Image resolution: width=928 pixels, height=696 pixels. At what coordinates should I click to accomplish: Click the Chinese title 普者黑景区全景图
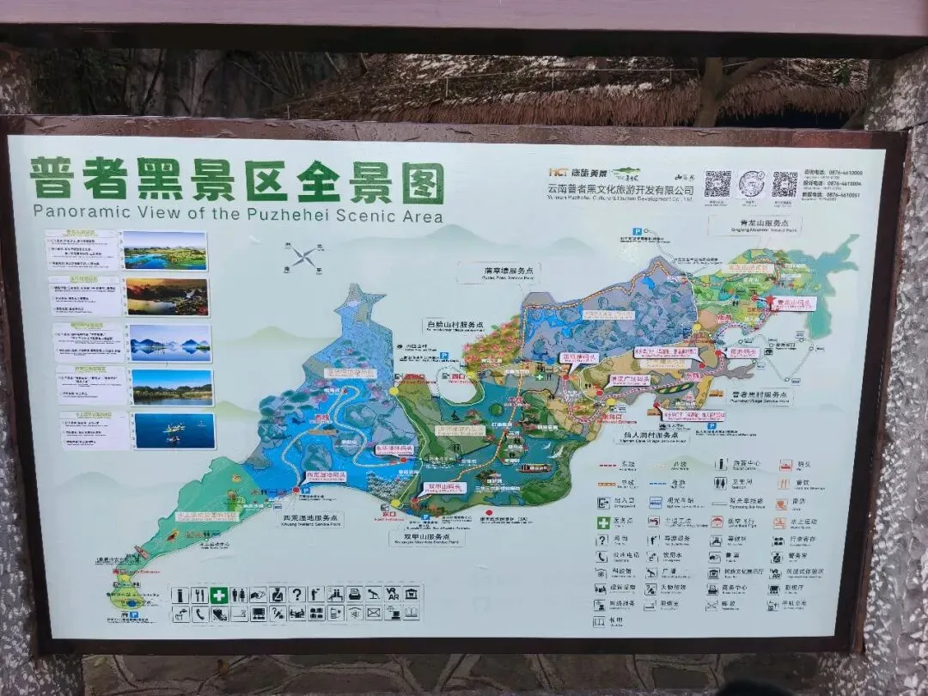tap(236, 182)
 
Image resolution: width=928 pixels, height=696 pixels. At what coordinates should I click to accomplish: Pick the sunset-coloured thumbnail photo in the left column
tap(168, 296)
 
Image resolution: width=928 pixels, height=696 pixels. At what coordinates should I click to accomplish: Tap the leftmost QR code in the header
tap(717, 183)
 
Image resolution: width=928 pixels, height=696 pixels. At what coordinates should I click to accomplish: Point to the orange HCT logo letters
tap(560, 173)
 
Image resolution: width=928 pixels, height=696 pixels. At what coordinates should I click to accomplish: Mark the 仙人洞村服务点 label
tap(662, 437)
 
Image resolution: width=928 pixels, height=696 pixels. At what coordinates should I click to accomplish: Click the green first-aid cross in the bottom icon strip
tap(220, 595)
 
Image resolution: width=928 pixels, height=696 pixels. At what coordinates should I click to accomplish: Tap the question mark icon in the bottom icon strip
tap(296, 595)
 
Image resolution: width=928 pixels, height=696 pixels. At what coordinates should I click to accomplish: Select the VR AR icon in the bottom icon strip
tap(392, 595)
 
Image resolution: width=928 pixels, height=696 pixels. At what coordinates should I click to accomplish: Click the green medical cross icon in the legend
tap(604, 522)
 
